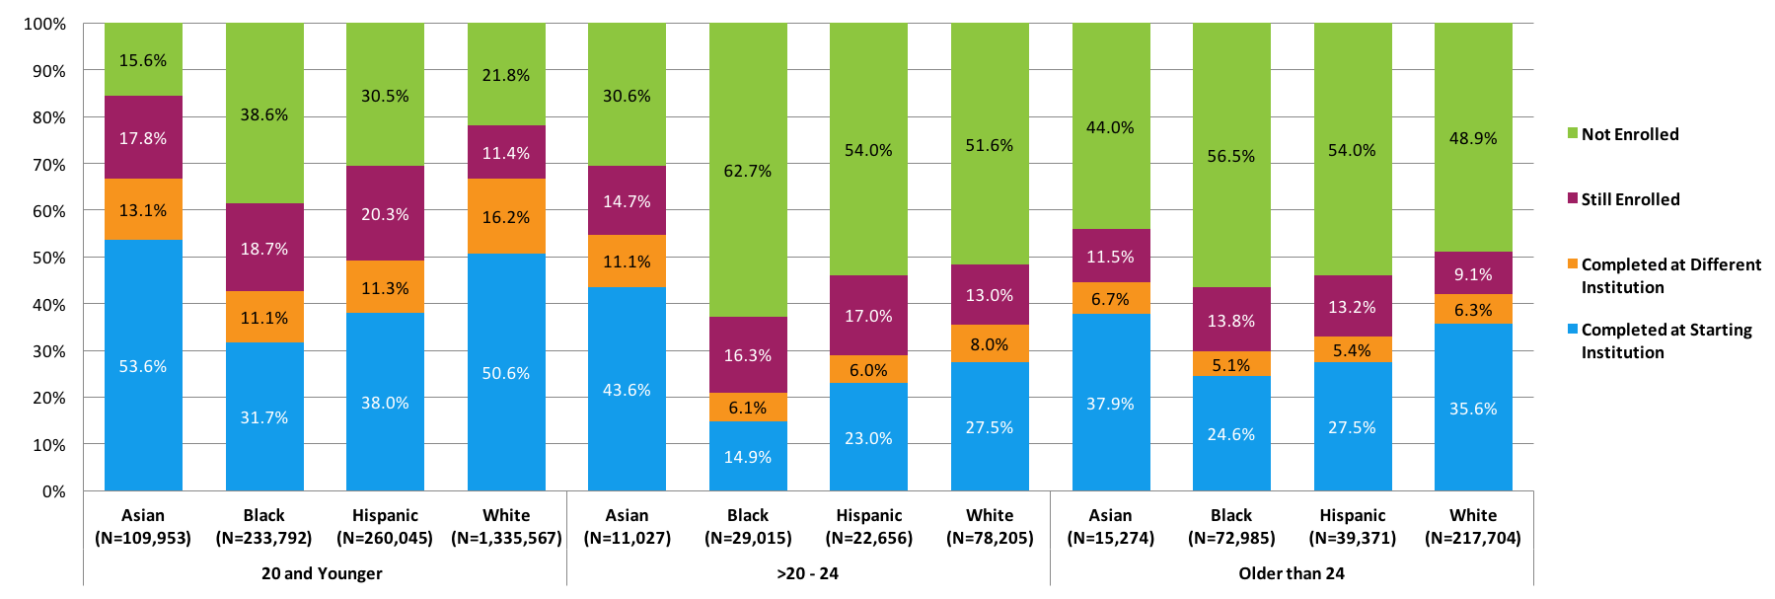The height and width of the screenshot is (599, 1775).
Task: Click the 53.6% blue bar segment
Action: point(143,365)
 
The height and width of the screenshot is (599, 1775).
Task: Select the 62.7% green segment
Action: point(748,170)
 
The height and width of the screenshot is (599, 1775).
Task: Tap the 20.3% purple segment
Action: point(385,213)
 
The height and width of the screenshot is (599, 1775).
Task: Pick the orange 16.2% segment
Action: point(506,216)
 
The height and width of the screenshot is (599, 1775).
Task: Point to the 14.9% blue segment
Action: point(748,456)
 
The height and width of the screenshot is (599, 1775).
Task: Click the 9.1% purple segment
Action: point(1473,273)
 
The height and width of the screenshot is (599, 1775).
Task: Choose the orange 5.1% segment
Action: point(1231,364)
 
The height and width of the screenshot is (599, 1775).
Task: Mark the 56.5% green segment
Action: point(1231,156)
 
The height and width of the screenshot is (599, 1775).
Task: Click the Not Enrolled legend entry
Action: point(1629,134)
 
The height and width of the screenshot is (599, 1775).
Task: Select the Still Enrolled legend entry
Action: point(1629,199)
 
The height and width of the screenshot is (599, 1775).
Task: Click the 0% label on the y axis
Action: point(54,491)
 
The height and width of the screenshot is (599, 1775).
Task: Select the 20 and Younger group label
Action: point(322,573)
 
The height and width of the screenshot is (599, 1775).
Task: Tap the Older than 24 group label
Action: point(1292,573)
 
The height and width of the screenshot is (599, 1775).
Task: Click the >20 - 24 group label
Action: point(808,573)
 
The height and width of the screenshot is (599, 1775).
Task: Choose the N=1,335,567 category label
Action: point(506,538)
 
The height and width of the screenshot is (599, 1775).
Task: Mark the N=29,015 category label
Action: point(748,538)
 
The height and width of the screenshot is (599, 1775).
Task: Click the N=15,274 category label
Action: point(1110,538)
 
